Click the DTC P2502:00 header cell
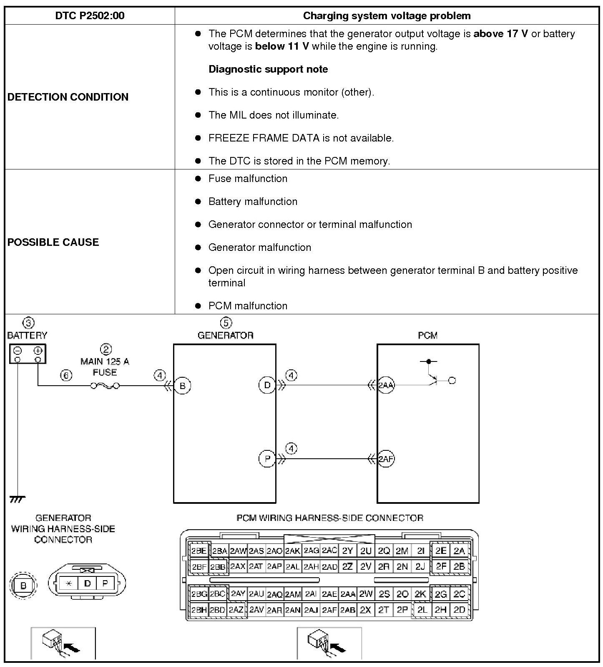point(90,16)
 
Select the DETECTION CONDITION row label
point(68,97)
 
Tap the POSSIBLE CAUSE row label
point(53,242)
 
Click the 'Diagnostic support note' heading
point(268,69)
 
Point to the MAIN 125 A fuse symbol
point(105,386)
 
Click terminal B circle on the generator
point(182,386)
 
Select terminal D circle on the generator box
point(267,385)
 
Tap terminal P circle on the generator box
point(267,459)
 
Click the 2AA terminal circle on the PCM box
point(386,385)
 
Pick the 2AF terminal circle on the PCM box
point(386,459)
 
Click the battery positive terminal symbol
point(38,351)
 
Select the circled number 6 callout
point(66,375)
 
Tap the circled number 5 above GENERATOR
point(226,323)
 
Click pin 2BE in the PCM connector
point(199,551)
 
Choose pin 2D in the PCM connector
point(459,610)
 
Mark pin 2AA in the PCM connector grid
point(348,594)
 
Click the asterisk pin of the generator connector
point(69,584)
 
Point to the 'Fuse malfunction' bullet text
point(248,179)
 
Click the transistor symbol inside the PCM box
point(433,378)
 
